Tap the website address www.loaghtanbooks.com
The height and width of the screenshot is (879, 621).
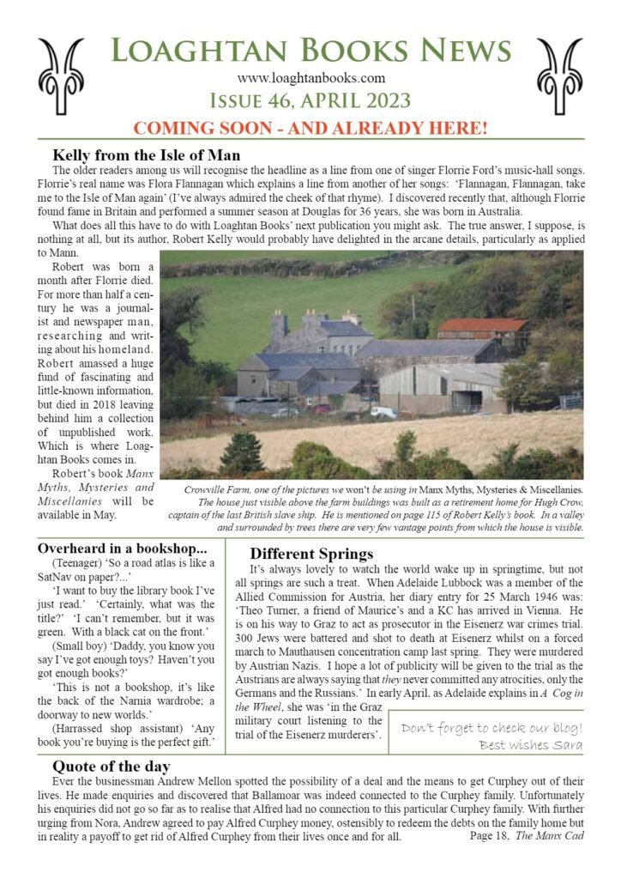point(311,80)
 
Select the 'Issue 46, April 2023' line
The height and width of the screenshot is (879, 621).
point(310,101)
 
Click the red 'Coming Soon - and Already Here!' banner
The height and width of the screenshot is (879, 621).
point(310,129)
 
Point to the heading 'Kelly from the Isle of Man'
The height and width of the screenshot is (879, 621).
point(146,155)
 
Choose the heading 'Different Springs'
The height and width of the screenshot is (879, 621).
point(311,554)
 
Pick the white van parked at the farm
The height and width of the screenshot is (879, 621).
point(383,413)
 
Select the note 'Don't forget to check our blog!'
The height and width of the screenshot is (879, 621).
point(491,728)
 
